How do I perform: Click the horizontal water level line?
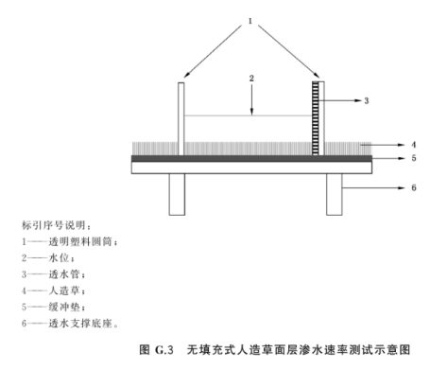(249, 117)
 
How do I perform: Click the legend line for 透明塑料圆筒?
(70, 242)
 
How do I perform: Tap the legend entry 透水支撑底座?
(71, 324)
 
